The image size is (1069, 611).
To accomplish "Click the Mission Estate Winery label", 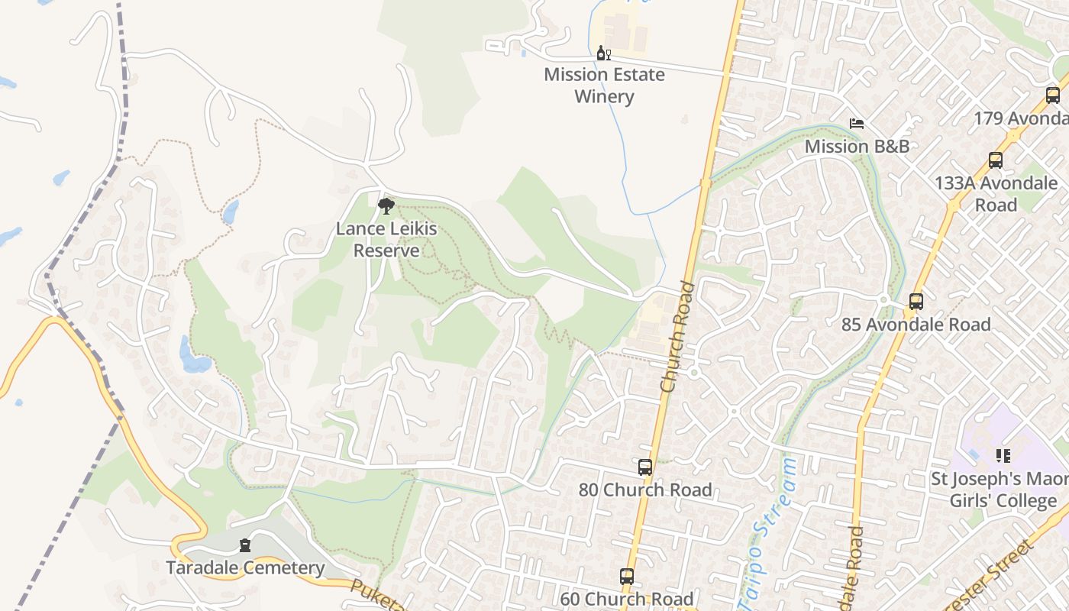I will click(604, 86).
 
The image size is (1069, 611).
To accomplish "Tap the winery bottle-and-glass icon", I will click(604, 53).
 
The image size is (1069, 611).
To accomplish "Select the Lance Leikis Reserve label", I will click(386, 240).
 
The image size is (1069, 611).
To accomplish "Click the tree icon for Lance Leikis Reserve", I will click(386, 205).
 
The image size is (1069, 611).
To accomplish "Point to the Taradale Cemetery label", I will click(245, 568).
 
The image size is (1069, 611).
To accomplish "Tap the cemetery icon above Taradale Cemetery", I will click(245, 545).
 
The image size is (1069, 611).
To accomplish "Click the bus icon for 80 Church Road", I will click(645, 467).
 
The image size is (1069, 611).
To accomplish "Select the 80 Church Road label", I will click(645, 490).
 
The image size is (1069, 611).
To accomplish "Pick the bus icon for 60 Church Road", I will click(627, 577).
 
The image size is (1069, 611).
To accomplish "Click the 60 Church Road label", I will click(627, 599).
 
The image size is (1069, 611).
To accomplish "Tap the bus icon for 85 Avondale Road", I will click(916, 302).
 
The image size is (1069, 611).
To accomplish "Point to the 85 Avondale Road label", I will click(916, 325).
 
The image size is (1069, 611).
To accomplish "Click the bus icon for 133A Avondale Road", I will click(996, 160).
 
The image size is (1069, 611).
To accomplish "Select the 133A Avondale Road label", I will click(996, 194).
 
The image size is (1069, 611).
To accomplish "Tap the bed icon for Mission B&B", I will click(857, 124).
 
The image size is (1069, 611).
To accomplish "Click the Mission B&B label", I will click(857, 146).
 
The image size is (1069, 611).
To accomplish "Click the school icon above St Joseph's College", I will click(1003, 456).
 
